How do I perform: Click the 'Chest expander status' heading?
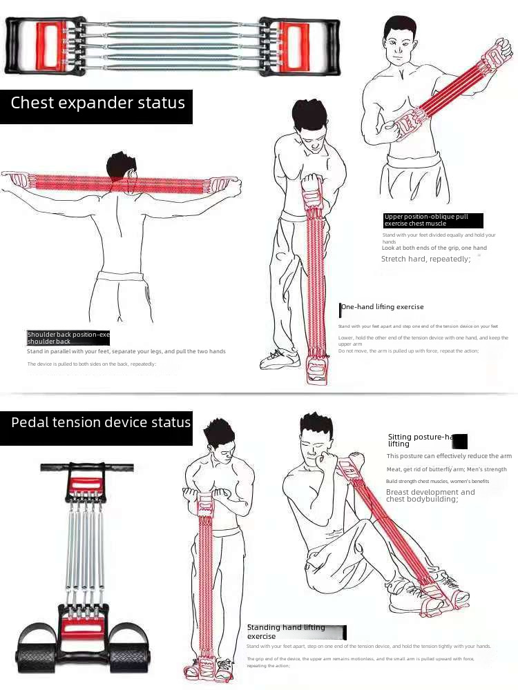tap(97, 103)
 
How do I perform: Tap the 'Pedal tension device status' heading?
tap(100, 422)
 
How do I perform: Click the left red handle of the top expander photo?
tap(48, 45)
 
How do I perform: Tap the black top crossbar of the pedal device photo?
tap(87, 467)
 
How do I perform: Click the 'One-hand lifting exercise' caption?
tap(382, 307)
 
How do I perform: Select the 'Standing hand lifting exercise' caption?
tap(286, 631)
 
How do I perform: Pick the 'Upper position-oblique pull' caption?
tap(426, 220)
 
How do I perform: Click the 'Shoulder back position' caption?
tap(68, 337)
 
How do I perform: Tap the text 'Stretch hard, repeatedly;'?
tap(425, 259)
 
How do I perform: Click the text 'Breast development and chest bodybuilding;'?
tap(430, 495)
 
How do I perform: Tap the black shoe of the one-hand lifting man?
tap(278, 359)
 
